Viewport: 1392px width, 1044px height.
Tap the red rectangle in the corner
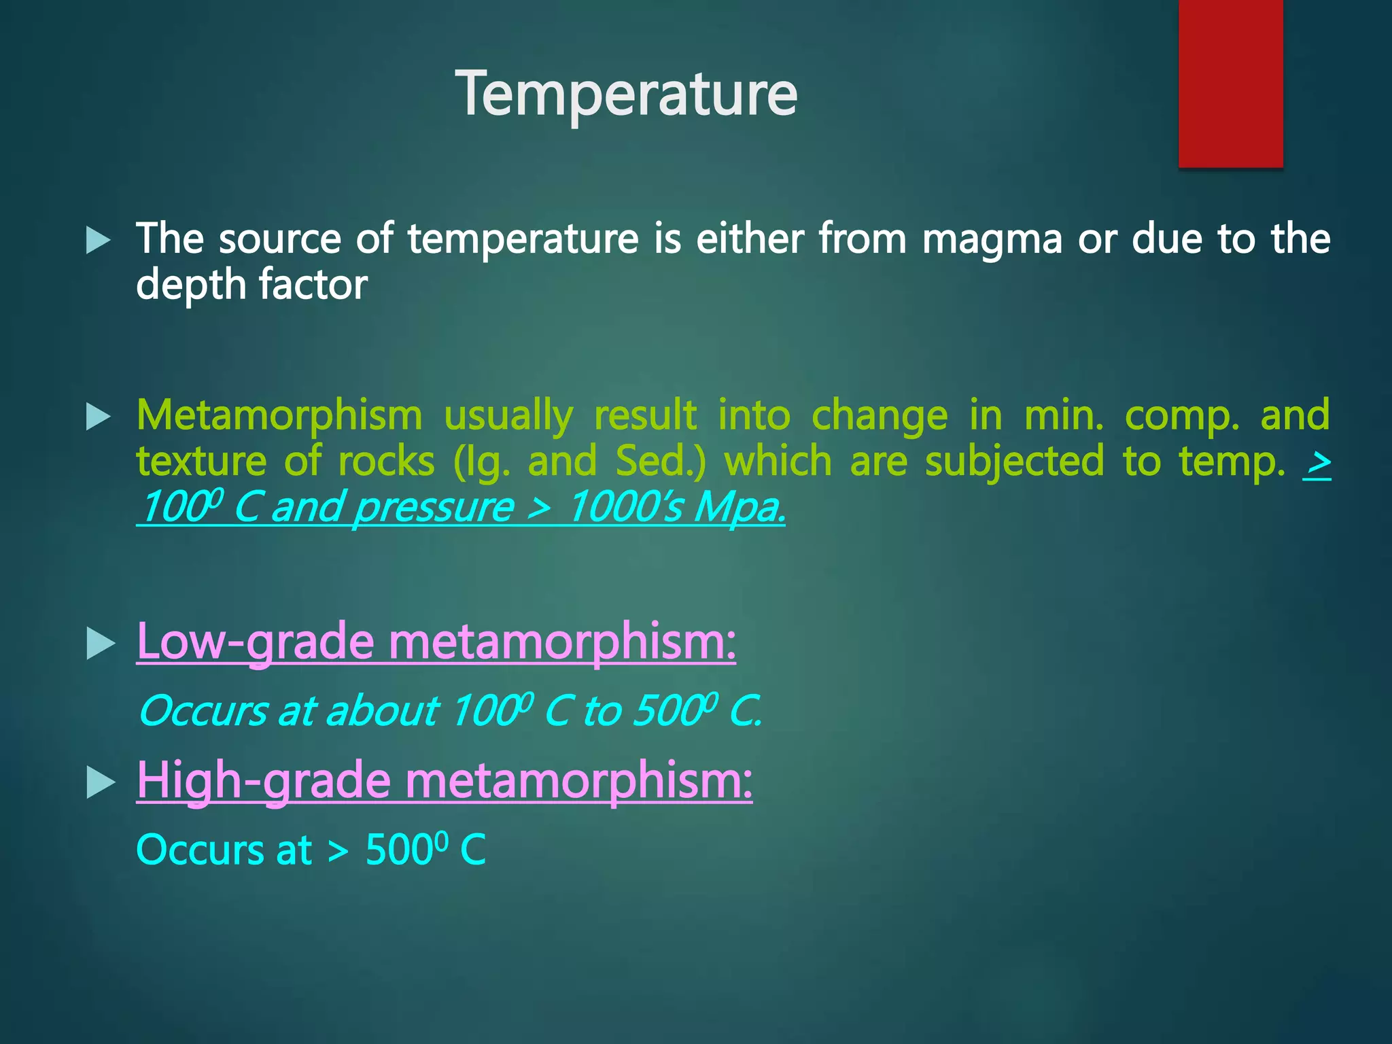pos(1230,82)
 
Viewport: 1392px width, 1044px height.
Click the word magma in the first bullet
pos(992,239)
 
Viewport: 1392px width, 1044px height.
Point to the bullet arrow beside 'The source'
pos(99,241)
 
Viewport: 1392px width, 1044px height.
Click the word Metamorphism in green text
pos(279,415)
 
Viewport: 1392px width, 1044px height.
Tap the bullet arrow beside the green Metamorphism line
pos(99,417)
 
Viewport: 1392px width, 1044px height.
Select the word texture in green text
pos(201,462)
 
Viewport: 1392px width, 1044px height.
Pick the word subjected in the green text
pos(1014,462)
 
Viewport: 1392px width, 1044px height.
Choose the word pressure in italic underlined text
pos(434,508)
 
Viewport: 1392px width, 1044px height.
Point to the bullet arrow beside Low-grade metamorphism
pos(101,644)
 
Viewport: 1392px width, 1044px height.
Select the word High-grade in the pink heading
pos(264,781)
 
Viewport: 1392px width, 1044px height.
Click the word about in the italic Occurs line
pos(382,712)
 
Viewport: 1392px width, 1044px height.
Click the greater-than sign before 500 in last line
pos(338,850)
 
